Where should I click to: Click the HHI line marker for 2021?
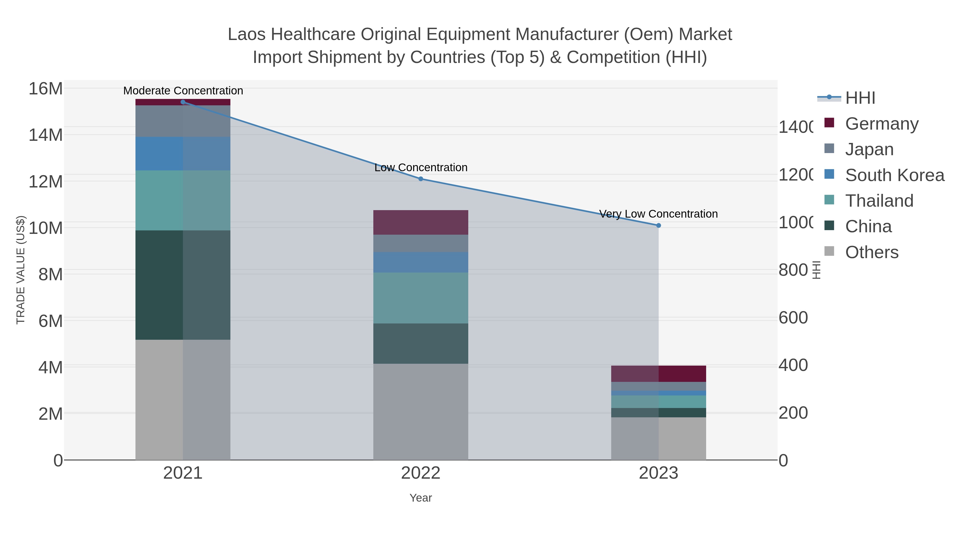pos(183,102)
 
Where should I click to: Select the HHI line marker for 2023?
pos(658,225)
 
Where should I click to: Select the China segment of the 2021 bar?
pos(183,285)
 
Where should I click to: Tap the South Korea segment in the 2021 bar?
pos(183,154)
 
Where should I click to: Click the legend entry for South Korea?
pos(894,175)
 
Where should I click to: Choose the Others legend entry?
pos(871,252)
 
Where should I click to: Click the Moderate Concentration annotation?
pos(183,91)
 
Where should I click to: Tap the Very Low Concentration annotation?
pos(658,214)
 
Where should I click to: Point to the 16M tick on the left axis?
pos(45,89)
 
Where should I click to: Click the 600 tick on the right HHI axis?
pos(793,318)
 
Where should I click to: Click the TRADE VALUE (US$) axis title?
pos(21,270)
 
